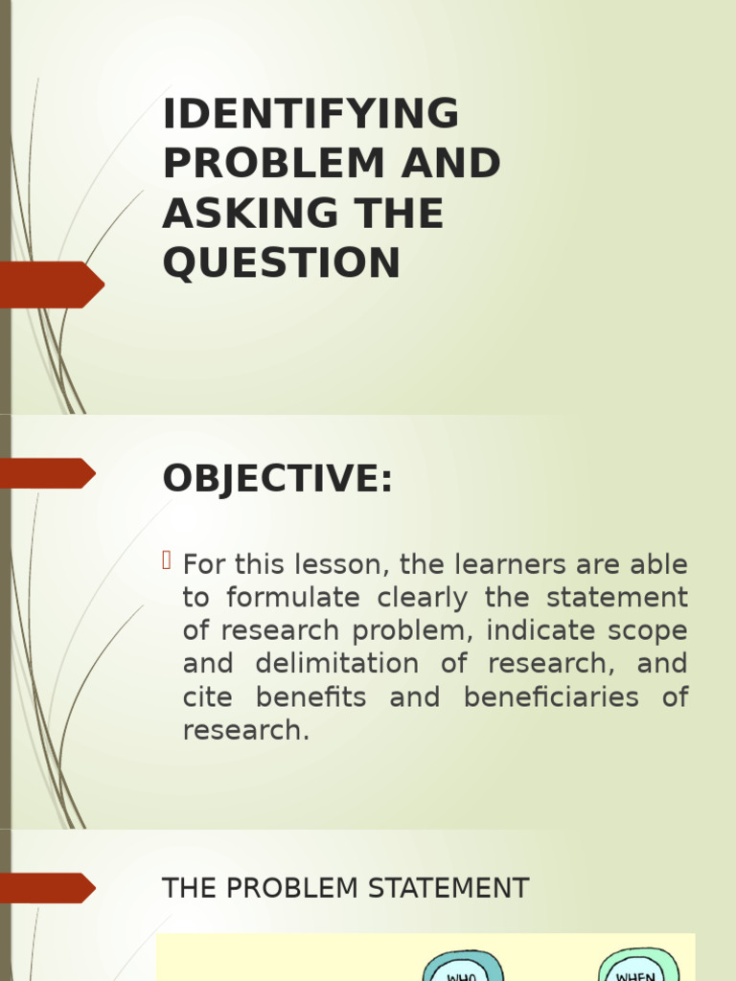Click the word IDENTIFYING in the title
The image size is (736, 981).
pos(311,115)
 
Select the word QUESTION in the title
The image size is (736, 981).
pos(282,263)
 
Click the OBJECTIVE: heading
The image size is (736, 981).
pos(278,479)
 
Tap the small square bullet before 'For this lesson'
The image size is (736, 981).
pos(169,560)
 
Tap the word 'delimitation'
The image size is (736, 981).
pos(336,664)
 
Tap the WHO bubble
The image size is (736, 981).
pos(463,968)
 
